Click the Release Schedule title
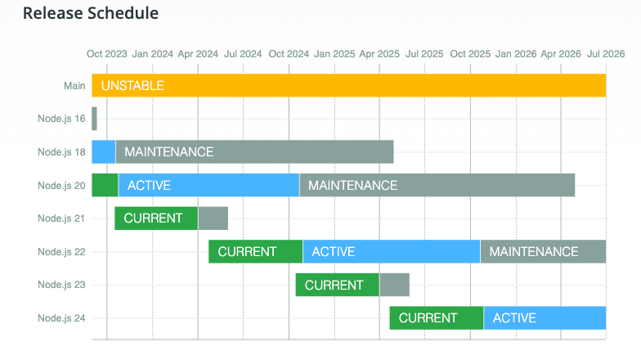coord(90,13)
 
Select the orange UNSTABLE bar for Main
coord(348,85)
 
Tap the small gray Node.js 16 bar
coord(95,119)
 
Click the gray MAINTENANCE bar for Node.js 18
coord(255,152)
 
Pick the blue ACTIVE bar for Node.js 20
coord(209,185)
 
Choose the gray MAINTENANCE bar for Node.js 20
coord(437,185)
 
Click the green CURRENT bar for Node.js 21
coord(156,218)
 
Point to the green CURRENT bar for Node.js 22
coord(255,252)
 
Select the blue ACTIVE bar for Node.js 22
coord(392,252)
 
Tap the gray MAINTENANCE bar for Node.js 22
coord(543,252)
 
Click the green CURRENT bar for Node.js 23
coord(337,285)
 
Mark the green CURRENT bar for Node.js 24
coord(437,317)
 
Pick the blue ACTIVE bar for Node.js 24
coord(545,317)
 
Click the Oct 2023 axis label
coord(106,54)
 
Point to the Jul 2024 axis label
coord(243,54)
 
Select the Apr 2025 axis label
coord(379,54)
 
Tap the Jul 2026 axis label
coord(606,54)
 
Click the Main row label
coord(74,86)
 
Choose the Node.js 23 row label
coord(61,285)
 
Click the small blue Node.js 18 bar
coord(103,152)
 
